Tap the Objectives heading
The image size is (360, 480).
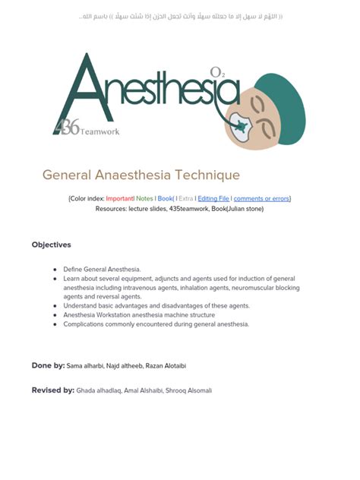point(52,245)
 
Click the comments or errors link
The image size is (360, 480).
point(261,198)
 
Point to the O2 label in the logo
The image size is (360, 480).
point(216,73)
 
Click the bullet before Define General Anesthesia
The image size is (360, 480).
point(55,270)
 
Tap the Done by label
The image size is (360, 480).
point(48,365)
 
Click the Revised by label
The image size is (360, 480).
point(53,390)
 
